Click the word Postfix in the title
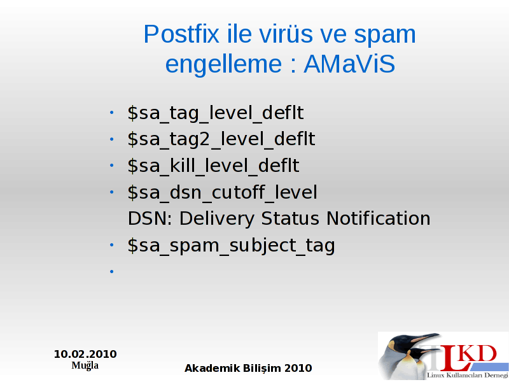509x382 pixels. [181, 34]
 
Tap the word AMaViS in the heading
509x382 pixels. [349, 64]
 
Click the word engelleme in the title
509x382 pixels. [224, 64]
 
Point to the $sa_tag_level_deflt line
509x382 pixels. [216, 113]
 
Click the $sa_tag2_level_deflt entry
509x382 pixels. [221, 139]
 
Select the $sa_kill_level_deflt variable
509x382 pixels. [213, 166]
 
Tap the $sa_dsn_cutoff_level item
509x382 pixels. [222, 192]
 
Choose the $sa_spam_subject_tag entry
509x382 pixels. [231, 245]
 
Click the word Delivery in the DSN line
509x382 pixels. [216, 218]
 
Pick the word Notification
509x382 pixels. [378, 218]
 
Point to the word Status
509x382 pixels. [290, 218]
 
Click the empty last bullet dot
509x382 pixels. [112, 271]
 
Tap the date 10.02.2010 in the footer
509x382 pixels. [85, 354]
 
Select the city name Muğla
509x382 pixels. [85, 365]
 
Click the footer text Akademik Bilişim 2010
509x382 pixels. [248, 368]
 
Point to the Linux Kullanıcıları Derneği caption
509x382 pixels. [468, 375]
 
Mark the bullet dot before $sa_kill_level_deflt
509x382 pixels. [112, 166]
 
